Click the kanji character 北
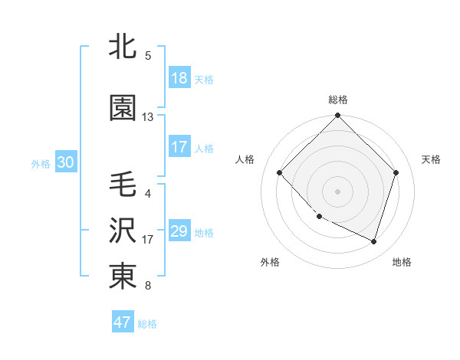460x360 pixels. tap(123, 47)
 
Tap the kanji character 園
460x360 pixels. tap(123, 110)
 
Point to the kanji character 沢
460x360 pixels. tap(123, 231)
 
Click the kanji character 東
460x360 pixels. tap(123, 277)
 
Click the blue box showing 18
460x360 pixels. tap(179, 78)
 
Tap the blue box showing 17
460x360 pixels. tap(179, 147)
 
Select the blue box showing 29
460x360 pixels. tap(179, 231)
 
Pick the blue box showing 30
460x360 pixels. tap(65, 162)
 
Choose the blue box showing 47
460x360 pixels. tap(123, 322)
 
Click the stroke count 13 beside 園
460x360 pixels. tap(148, 117)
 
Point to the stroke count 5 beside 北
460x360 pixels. tap(148, 56)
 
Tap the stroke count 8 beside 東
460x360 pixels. tap(148, 286)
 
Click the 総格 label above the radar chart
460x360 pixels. tap(338, 100)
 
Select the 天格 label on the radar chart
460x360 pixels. tap(432, 159)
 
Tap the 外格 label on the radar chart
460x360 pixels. tap(270, 262)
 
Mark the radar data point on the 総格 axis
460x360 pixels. tap(338, 116)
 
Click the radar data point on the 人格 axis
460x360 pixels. tap(280, 173)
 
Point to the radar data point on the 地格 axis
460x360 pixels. tap(374, 242)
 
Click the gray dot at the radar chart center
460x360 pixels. tap(338, 191)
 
